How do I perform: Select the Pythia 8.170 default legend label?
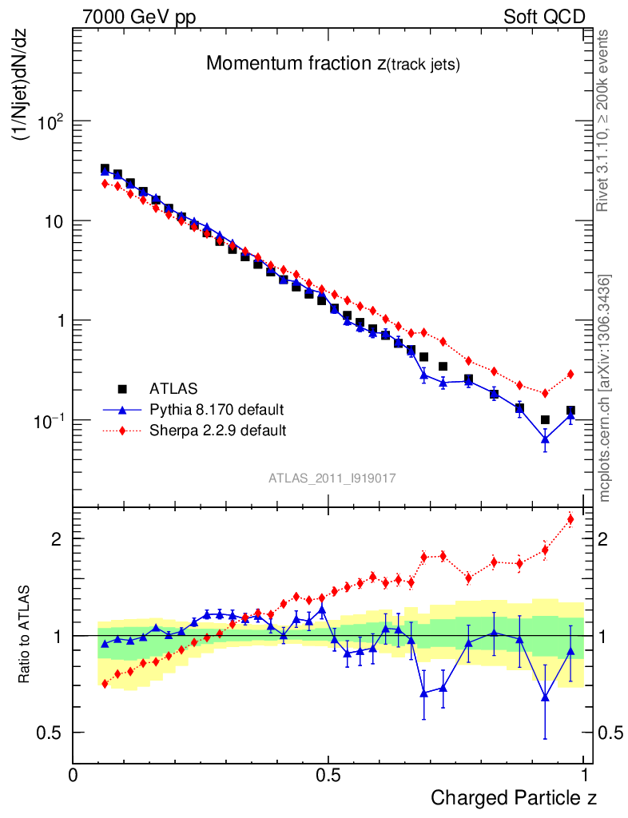(217, 410)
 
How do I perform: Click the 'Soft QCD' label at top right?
(544, 17)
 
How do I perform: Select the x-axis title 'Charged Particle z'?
(514, 796)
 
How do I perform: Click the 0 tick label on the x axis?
(73, 775)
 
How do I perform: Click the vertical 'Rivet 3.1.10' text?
(604, 120)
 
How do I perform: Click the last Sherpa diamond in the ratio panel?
(570, 520)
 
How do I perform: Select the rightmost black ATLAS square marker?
(570, 411)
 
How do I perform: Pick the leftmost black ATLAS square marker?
(105, 169)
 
